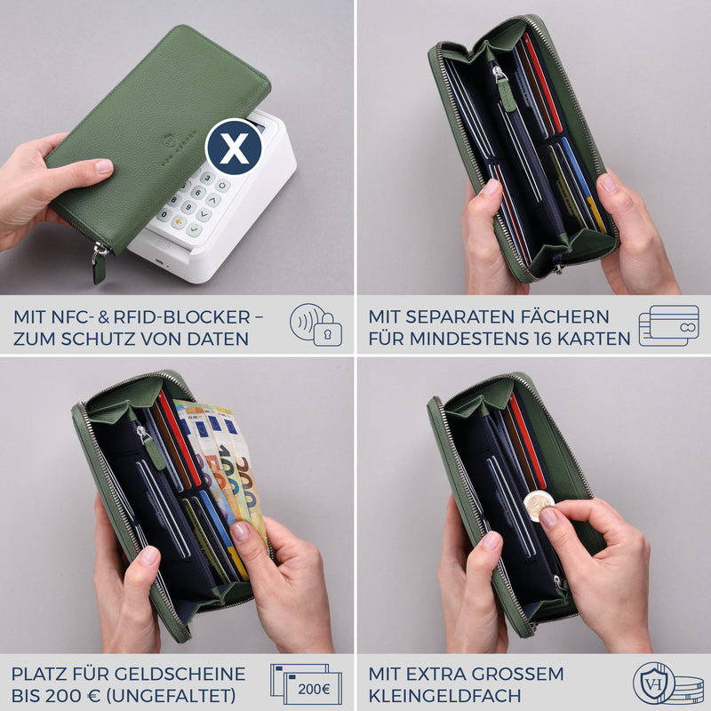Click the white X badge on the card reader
pos(234,147)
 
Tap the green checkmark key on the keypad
pos(194,230)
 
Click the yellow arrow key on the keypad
pos(180,222)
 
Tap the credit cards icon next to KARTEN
pos(669,325)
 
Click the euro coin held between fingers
pos(539,505)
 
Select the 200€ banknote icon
pos(306,683)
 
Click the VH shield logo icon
pos(654,683)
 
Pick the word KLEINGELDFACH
pos(444,696)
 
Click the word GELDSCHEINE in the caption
pos(180,674)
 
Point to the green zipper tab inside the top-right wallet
pos(506,93)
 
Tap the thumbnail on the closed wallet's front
pos(104,166)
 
